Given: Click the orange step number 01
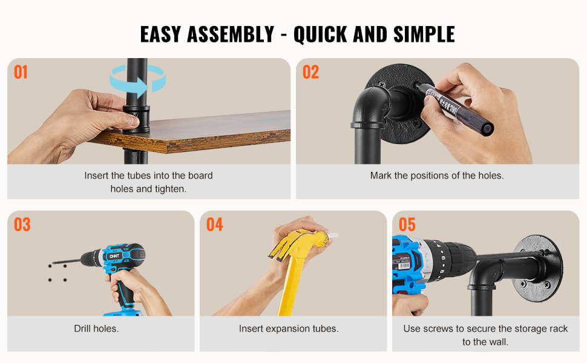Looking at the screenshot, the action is (21, 72).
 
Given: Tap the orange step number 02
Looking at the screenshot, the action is (310, 72).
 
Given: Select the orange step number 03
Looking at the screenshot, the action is (22, 224).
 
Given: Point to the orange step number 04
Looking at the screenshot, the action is (214, 224).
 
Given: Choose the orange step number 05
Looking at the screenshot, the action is (407, 224).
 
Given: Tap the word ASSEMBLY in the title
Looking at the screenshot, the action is (231, 34).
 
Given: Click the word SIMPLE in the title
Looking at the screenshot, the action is (424, 34).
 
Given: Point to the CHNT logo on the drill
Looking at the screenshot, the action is (114, 256).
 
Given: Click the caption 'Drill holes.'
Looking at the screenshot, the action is (96, 329).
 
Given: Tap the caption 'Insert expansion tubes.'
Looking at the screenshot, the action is (289, 329).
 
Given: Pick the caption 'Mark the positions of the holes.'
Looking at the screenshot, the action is (437, 175).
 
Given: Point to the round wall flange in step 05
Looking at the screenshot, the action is (539, 264).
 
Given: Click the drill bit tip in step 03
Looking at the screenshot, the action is (53, 263).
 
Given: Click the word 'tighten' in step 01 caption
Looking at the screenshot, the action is (169, 189).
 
